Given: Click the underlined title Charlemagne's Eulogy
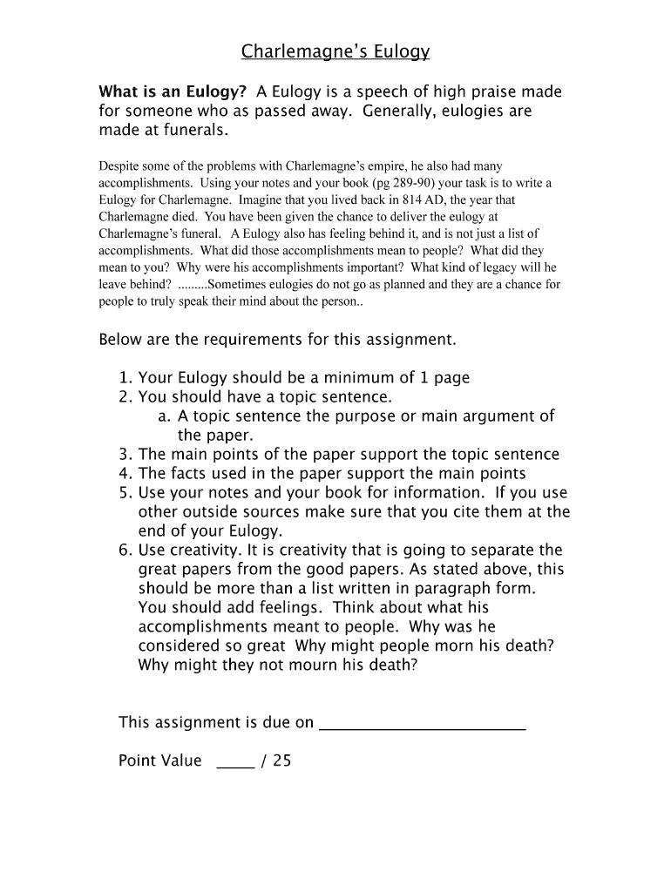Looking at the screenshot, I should (x=335, y=53).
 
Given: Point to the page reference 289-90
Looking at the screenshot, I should (x=417, y=184).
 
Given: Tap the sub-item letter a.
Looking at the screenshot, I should (x=163, y=416).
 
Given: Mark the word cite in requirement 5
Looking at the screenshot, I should (x=466, y=512).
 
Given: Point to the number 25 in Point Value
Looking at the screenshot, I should (x=281, y=761).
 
